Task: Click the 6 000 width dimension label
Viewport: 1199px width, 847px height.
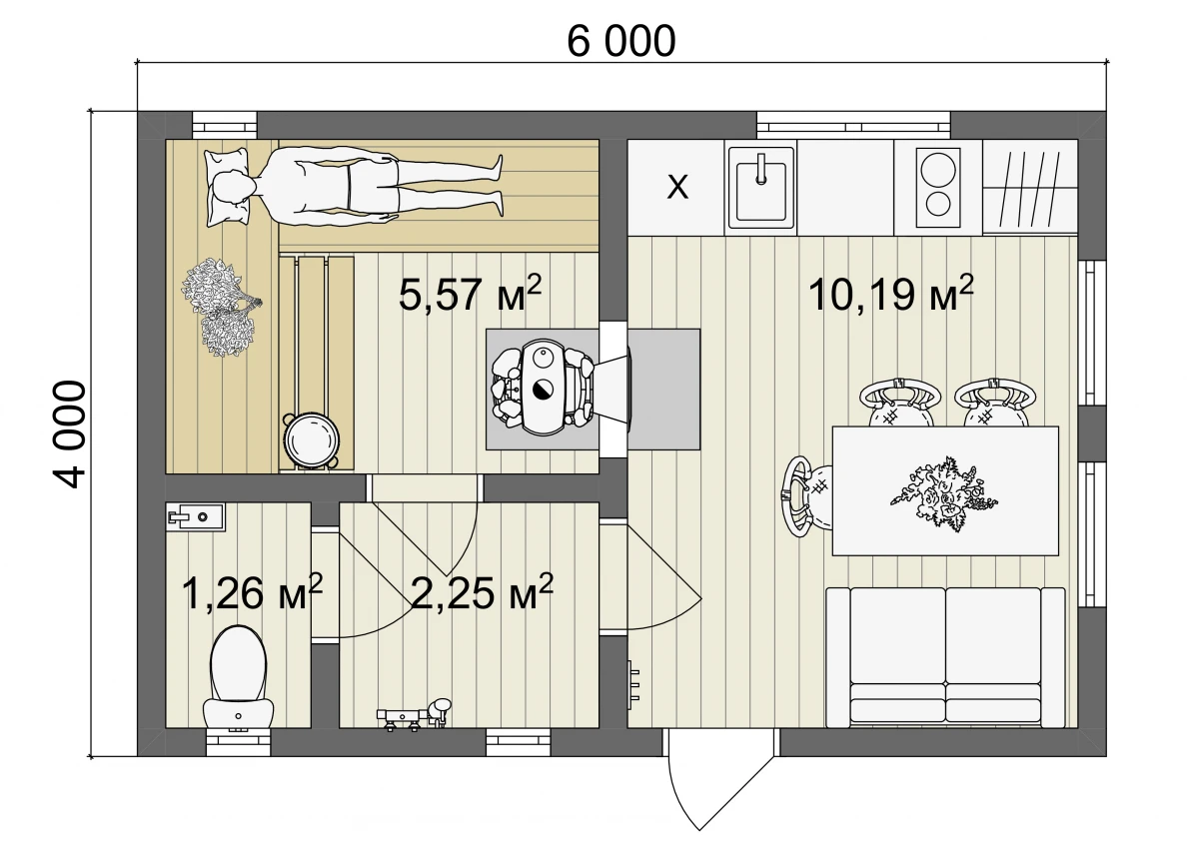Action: [620, 42]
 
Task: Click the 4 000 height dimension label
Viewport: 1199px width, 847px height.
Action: [70, 433]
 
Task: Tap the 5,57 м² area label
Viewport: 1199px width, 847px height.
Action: [470, 293]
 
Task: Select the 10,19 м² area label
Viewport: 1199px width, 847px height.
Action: [890, 293]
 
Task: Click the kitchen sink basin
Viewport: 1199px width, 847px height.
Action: [760, 188]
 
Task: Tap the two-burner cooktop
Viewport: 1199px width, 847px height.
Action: [938, 188]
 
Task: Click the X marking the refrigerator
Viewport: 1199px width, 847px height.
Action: [677, 187]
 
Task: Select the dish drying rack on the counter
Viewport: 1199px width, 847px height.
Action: [1030, 187]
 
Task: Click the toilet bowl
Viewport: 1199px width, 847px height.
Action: [238, 677]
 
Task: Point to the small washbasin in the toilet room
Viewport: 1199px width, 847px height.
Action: [195, 516]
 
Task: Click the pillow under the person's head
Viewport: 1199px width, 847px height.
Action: [228, 187]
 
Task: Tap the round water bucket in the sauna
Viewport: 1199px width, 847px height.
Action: [312, 440]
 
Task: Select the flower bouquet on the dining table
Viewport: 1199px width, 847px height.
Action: [942, 492]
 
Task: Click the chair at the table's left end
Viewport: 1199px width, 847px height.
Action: [805, 496]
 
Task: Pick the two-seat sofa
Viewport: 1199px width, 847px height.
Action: [945, 657]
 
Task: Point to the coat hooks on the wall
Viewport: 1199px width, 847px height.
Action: [633, 685]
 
